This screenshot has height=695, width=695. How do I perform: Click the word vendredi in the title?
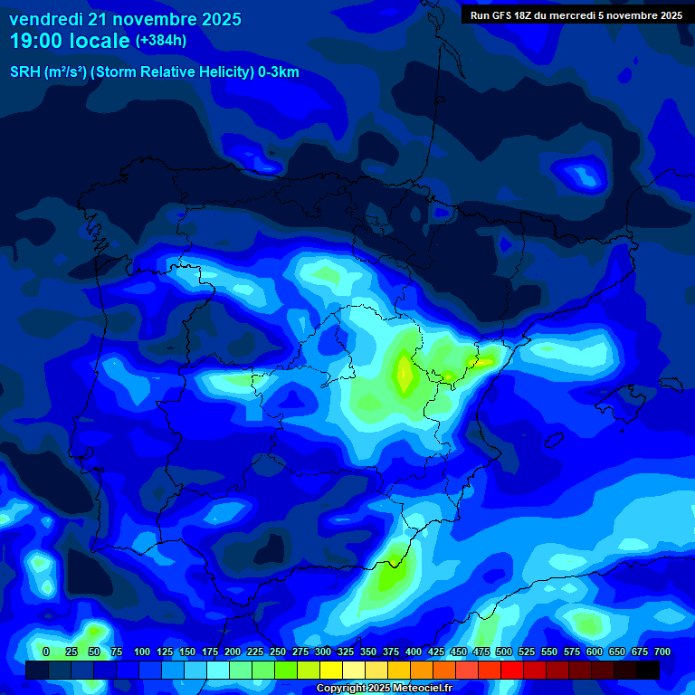click(46, 19)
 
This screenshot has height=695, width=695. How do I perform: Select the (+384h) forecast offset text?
click(161, 41)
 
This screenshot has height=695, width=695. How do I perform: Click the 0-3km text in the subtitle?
click(279, 72)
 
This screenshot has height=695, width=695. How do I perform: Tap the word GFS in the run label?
click(500, 15)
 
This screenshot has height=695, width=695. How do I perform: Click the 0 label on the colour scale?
click(46, 652)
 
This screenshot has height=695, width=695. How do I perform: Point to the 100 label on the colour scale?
click(142, 652)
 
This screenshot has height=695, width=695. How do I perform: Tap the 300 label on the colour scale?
click(323, 652)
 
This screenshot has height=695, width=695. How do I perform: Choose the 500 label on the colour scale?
click(504, 652)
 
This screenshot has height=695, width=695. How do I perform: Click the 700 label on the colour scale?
click(662, 652)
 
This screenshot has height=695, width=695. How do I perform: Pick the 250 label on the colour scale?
click(278, 652)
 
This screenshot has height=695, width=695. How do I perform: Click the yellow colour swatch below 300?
click(331, 671)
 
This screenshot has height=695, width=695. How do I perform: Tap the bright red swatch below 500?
click(512, 671)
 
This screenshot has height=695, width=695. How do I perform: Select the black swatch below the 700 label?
click(648, 671)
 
